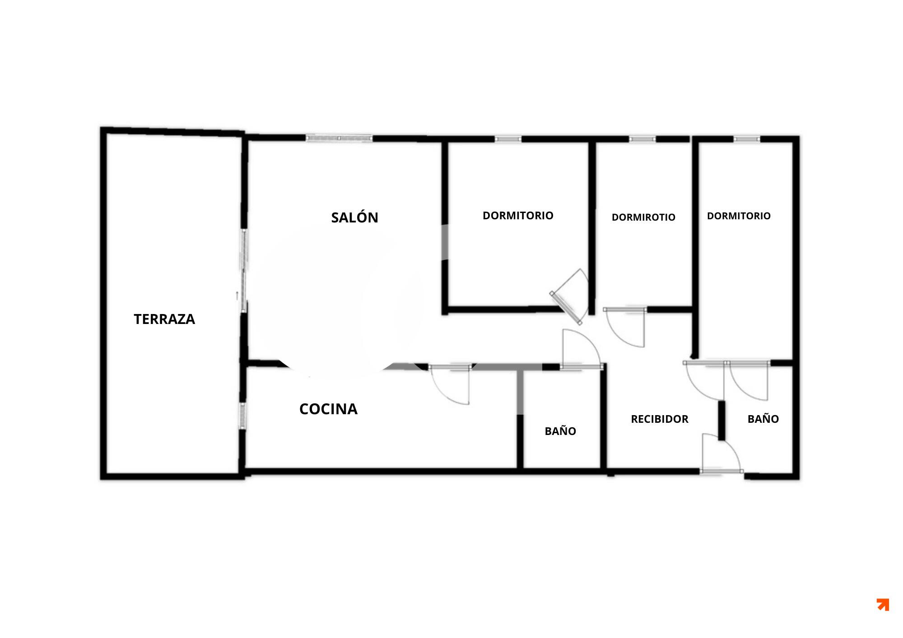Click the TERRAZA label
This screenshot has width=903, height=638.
tap(164, 319)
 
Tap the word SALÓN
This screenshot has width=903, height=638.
tap(354, 217)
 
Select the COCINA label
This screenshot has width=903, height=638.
tap(328, 409)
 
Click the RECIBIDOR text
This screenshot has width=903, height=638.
tap(660, 419)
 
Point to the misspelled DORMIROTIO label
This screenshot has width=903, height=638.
tap(643, 217)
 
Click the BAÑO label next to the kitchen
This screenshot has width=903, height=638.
tap(560, 430)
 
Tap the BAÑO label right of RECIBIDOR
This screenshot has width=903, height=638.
tap(763, 418)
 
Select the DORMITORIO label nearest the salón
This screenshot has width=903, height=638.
tap(518, 216)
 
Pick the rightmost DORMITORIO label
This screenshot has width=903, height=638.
tap(739, 216)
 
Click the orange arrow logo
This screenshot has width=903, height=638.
tap(883, 605)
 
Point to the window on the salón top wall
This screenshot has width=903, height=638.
tap(339, 138)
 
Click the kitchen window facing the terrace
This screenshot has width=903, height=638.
tap(242, 416)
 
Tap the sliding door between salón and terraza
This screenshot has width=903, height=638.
tap(244, 270)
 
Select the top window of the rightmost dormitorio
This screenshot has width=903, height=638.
tap(747, 139)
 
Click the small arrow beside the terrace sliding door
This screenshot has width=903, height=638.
tap(237, 296)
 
